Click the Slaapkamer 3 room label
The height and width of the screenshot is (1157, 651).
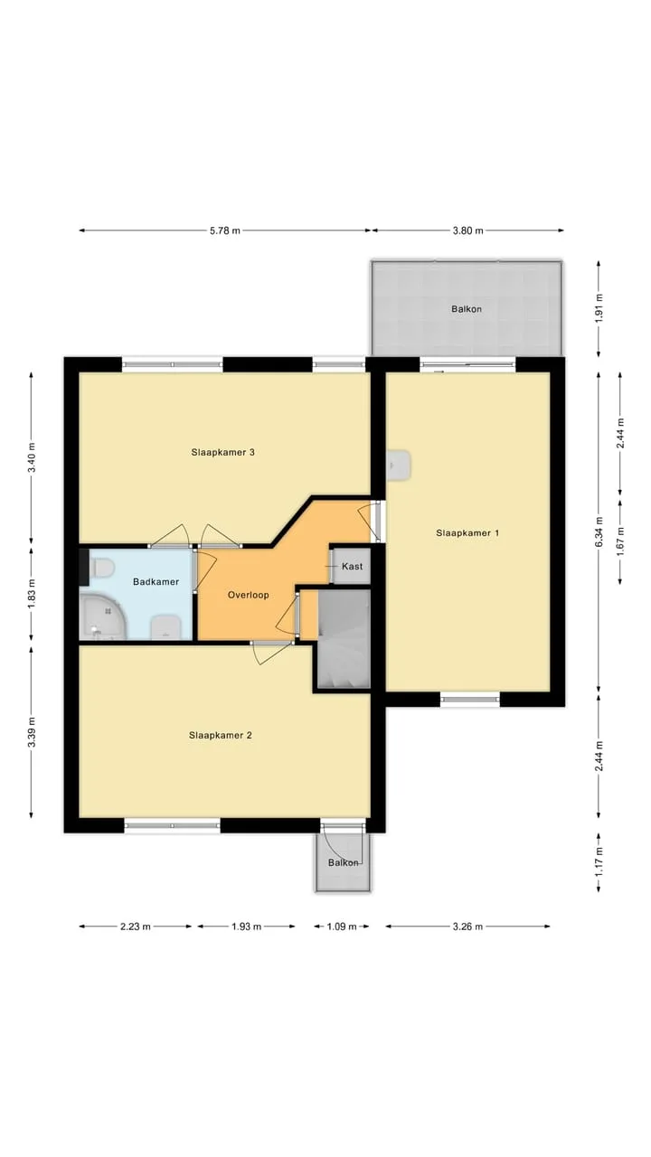222,453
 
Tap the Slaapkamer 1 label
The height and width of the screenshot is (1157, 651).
467,533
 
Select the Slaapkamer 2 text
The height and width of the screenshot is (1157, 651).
220,735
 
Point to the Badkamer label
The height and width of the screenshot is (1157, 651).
156,581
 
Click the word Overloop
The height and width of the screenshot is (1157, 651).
249,595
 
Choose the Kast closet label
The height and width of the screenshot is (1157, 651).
353,566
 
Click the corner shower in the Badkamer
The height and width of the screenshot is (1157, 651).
102,616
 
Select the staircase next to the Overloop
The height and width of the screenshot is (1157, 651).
344,639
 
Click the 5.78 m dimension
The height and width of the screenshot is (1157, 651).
225,230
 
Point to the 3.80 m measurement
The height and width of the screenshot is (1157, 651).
468,230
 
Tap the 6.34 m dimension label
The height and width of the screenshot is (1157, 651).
599,532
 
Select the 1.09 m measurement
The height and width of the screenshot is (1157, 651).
342,927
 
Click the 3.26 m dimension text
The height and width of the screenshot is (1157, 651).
467,927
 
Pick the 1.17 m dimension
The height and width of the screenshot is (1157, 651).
599,862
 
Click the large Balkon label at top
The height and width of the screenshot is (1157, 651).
467,309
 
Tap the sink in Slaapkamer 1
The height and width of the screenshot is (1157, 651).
399,465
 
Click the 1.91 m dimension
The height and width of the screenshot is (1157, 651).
599,308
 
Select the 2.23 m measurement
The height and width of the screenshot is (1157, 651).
136,927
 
